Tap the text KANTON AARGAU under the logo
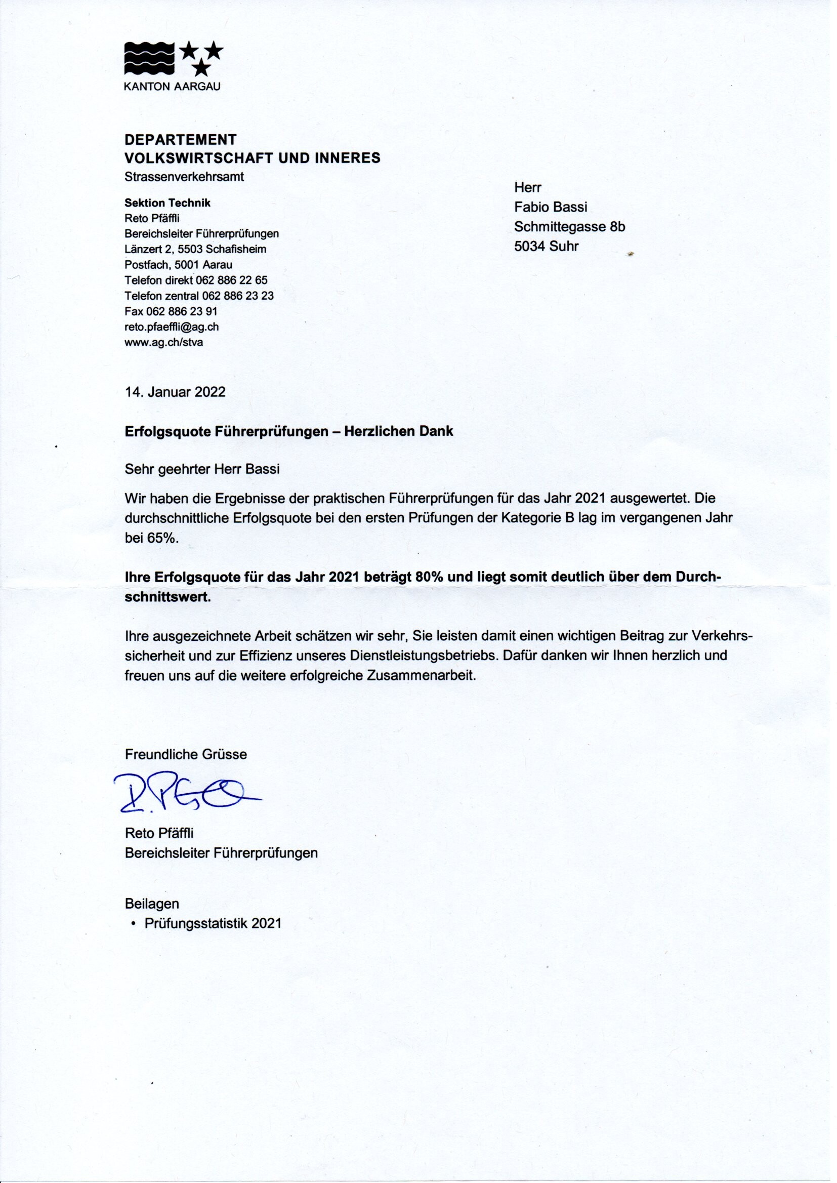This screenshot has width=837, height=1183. pos(172,87)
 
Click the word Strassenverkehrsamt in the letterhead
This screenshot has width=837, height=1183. pos(184,176)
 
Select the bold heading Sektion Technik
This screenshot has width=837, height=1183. pos(168,203)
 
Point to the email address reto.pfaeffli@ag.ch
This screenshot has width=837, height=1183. pos(172,327)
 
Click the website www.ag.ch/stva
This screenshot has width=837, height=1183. pos(163,342)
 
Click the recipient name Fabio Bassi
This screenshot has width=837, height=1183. pos(551,207)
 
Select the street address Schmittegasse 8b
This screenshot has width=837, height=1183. pos(569,227)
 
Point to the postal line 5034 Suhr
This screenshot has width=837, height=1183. pos(547,247)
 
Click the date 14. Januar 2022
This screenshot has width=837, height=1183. pos(175,392)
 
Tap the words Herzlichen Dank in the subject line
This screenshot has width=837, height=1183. pos(398,431)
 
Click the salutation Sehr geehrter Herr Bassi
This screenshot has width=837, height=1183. pos(202,470)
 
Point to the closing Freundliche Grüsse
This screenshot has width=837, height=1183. pos(186,755)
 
